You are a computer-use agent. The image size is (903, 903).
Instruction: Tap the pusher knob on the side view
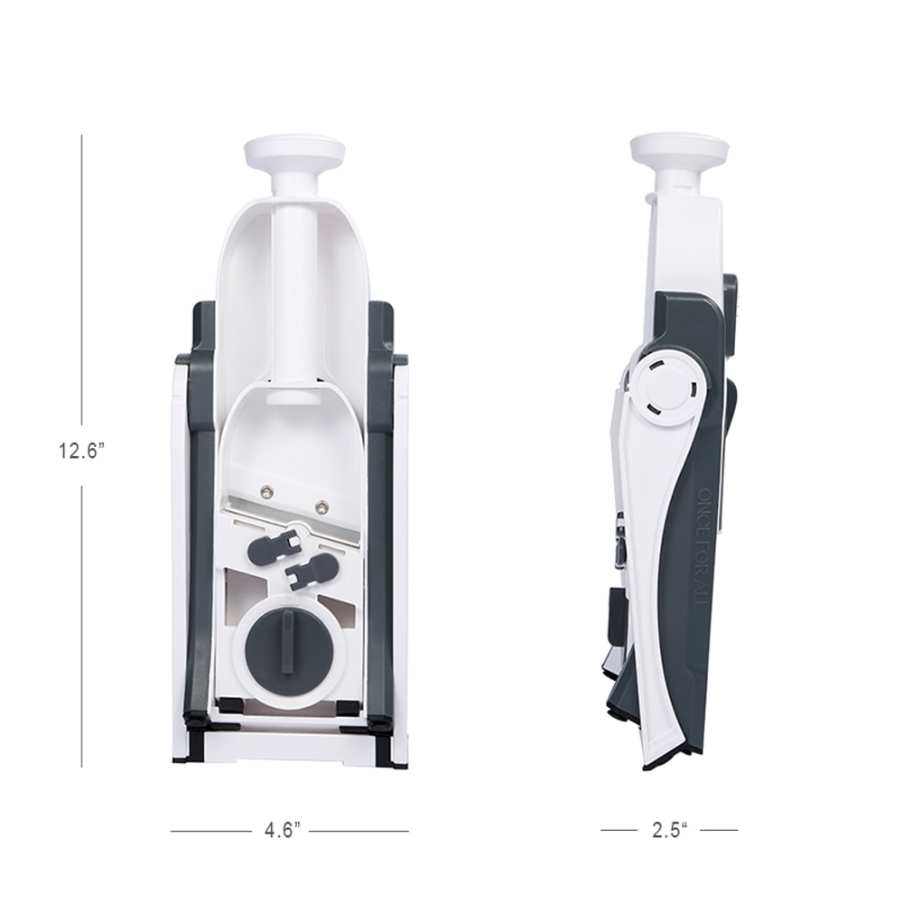pos(679,149)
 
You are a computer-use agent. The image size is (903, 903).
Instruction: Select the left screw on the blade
pos(266,491)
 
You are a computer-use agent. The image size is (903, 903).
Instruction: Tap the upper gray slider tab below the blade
pos(275,545)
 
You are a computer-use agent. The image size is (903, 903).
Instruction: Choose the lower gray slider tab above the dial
pos(311,572)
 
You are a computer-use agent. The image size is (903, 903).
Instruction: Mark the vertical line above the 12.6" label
pos(82,271)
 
